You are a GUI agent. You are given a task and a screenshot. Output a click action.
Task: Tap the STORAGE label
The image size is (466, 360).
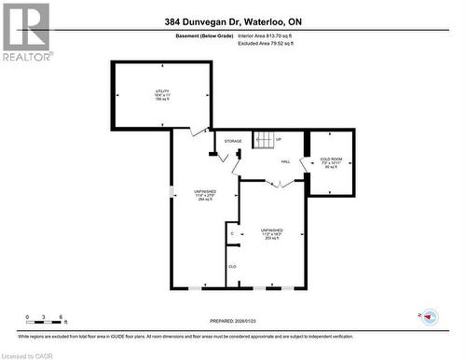pos(233,141)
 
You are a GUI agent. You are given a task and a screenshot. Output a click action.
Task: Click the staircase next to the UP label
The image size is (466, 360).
pos(264,141)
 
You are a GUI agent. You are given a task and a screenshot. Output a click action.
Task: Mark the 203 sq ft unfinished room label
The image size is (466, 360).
pos(272,234)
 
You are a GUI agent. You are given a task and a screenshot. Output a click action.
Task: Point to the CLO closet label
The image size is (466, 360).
pos(232,266)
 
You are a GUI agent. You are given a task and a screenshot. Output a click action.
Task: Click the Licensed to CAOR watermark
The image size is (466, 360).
pos(30,354)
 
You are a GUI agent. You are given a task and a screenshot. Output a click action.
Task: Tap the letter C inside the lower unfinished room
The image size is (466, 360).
pos(232,232)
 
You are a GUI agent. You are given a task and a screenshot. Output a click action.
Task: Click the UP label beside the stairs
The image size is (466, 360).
pos(279,141)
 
